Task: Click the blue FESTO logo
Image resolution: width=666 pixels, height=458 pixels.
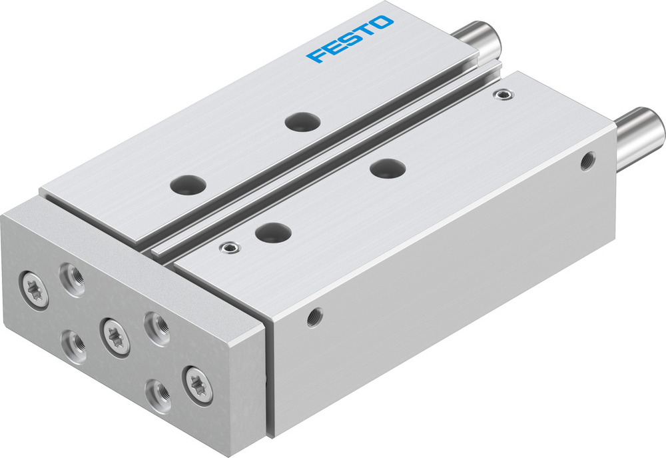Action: [x=350, y=39]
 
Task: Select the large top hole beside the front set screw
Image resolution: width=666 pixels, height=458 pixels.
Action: [x=274, y=233]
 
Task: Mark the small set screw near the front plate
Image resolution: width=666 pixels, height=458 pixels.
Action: [x=230, y=249]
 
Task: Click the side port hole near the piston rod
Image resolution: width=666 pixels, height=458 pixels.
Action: [x=586, y=161]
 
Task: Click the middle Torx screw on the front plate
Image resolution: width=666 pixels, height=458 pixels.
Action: [x=115, y=335]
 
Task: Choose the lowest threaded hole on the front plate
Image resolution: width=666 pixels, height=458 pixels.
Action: [x=157, y=393]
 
